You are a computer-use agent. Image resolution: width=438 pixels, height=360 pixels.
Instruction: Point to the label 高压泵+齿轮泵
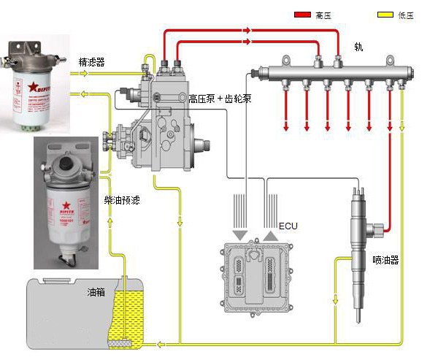click(220, 98)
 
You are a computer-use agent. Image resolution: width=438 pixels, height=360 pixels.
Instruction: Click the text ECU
click(289, 226)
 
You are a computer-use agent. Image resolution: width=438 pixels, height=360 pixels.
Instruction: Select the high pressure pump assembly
click(157, 117)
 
